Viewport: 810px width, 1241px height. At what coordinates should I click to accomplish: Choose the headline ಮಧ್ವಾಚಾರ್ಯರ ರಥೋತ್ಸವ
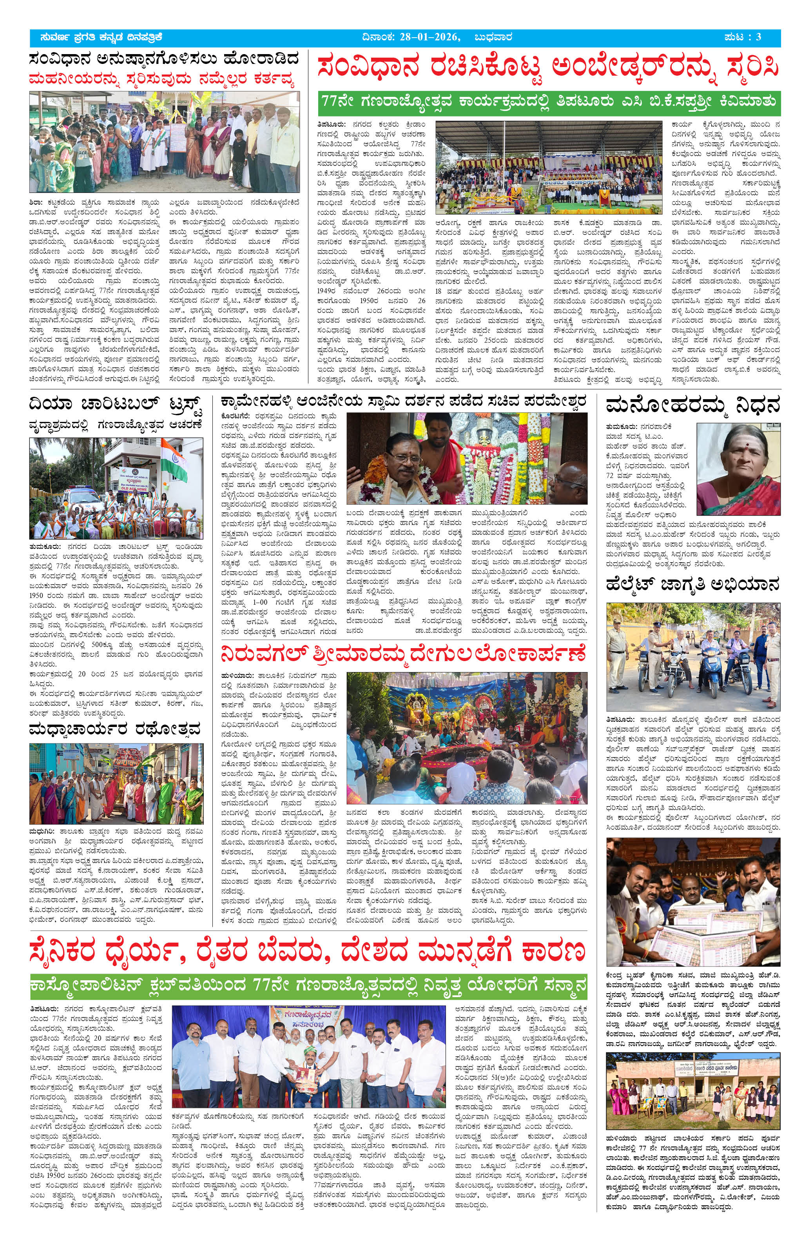115,729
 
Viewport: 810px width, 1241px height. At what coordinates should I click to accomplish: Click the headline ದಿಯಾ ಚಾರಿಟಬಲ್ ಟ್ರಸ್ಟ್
115,405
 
